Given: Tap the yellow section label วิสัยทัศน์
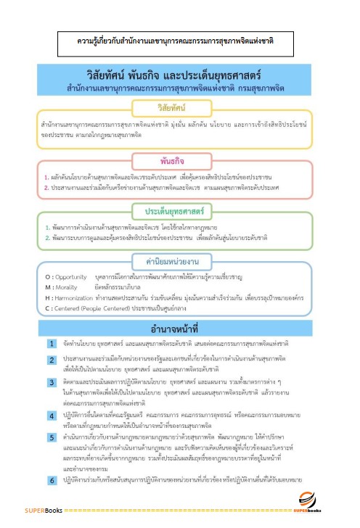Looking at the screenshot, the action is [x=178, y=107].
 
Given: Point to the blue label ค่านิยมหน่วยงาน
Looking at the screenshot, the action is [x=178, y=260].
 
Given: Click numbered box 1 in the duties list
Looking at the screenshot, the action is [x=52, y=343].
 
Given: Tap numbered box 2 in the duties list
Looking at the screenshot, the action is [x=52, y=359].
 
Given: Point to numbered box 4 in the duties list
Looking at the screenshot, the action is [x=52, y=414].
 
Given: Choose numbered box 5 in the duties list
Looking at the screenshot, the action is [x=52, y=438].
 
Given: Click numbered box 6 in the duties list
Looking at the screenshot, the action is [x=52, y=480].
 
